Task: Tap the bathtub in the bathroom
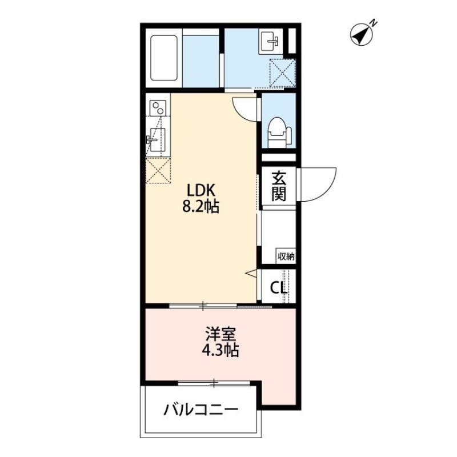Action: click(166, 59)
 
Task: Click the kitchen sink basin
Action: click(155, 139)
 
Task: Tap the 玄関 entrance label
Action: click(278, 186)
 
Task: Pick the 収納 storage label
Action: click(286, 256)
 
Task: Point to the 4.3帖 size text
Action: click(219, 350)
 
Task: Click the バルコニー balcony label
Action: click(201, 410)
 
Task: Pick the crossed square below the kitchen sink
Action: click(158, 170)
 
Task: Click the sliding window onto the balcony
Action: click(214, 383)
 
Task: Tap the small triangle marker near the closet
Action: click(251, 274)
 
